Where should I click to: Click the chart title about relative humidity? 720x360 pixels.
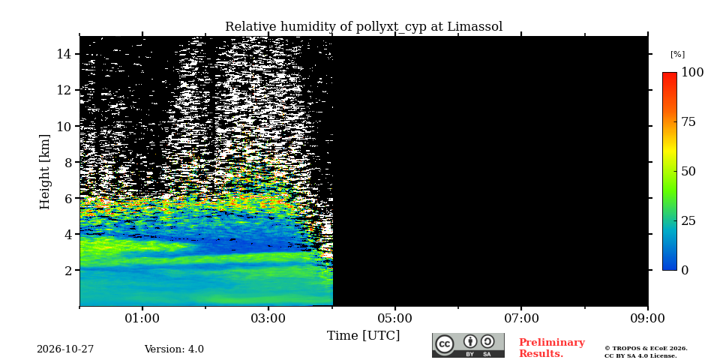(x=364, y=27)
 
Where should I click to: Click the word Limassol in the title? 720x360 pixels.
(x=475, y=26)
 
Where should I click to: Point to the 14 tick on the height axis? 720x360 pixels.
(x=64, y=54)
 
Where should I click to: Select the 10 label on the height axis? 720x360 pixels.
(x=64, y=126)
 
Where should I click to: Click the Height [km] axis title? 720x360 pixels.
(x=44, y=172)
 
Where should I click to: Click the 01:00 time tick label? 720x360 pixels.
(x=142, y=318)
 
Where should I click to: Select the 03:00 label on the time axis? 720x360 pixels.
(x=268, y=318)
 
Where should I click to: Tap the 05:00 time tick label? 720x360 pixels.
(x=395, y=318)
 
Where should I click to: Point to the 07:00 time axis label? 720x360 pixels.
(x=521, y=318)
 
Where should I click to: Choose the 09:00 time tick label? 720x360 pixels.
(x=647, y=318)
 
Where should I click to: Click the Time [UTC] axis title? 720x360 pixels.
(x=363, y=336)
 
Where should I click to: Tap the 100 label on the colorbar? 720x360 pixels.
(x=692, y=72)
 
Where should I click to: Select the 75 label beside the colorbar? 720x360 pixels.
(x=688, y=122)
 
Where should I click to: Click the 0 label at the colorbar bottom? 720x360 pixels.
(x=685, y=270)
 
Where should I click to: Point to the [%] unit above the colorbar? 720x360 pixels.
(x=677, y=54)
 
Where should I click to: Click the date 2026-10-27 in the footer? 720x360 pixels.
(x=65, y=349)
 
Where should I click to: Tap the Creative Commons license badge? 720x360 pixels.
(x=468, y=345)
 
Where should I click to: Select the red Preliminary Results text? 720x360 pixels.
(x=552, y=347)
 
